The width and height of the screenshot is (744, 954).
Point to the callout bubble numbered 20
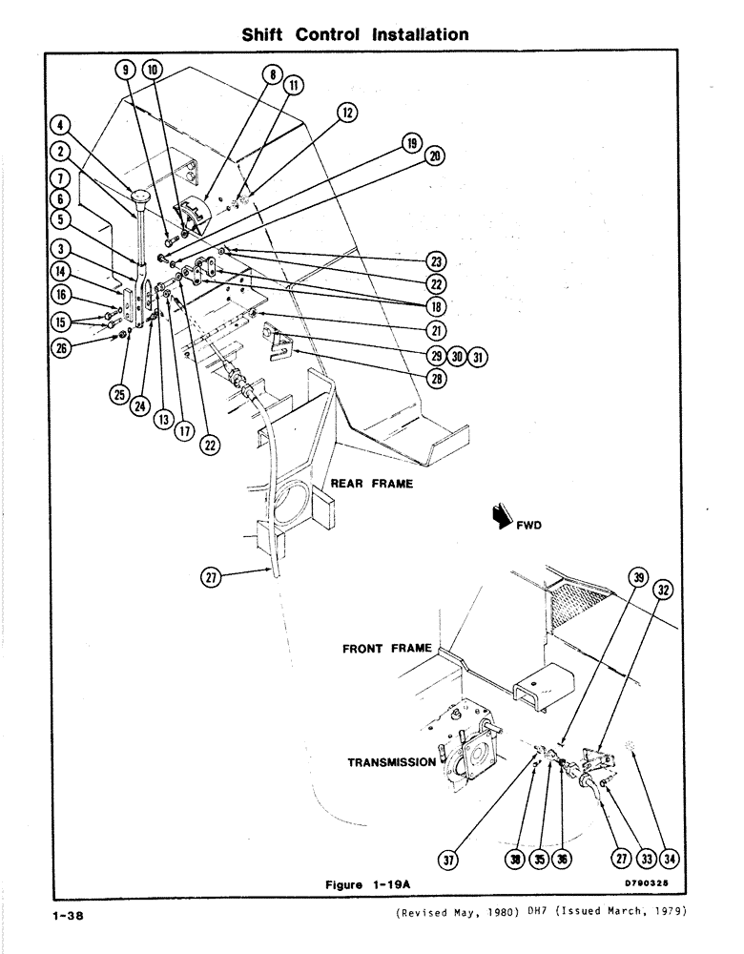436,156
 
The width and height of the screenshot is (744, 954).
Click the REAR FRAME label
371,484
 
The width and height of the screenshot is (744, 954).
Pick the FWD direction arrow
499,518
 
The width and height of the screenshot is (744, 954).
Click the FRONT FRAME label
387,649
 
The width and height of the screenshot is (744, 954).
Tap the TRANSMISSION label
391,762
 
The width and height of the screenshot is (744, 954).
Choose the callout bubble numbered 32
664,590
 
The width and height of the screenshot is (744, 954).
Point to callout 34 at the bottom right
672,860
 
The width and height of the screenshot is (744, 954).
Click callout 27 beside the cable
213,575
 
